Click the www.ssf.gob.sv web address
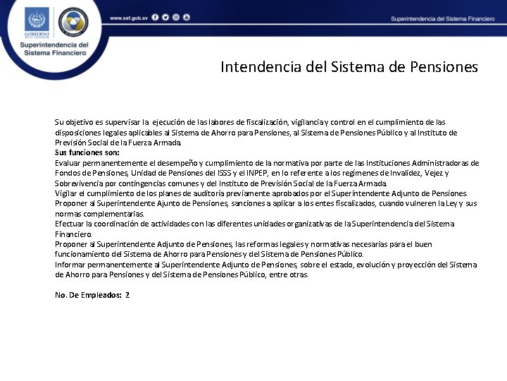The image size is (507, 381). click(128, 17)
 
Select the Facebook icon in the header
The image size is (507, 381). click(155, 17)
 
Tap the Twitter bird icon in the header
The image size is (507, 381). click(165, 17)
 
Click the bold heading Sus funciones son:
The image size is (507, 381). click(87, 152)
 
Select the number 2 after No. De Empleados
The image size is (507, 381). click(127, 295)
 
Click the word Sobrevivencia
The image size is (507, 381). click(80, 183)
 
